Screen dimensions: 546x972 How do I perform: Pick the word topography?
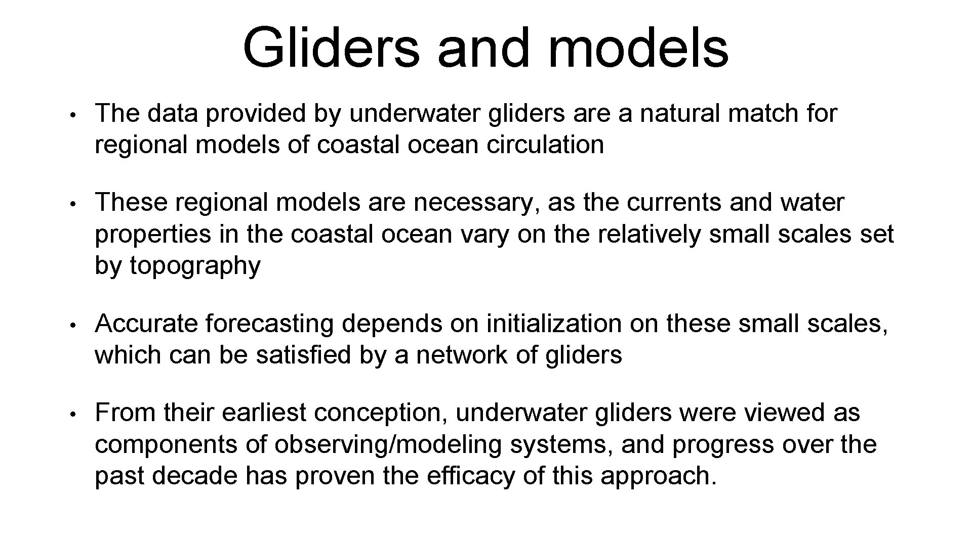click(195, 266)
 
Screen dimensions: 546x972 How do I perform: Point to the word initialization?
click(554, 324)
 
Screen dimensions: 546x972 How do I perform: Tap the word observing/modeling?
click(388, 445)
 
